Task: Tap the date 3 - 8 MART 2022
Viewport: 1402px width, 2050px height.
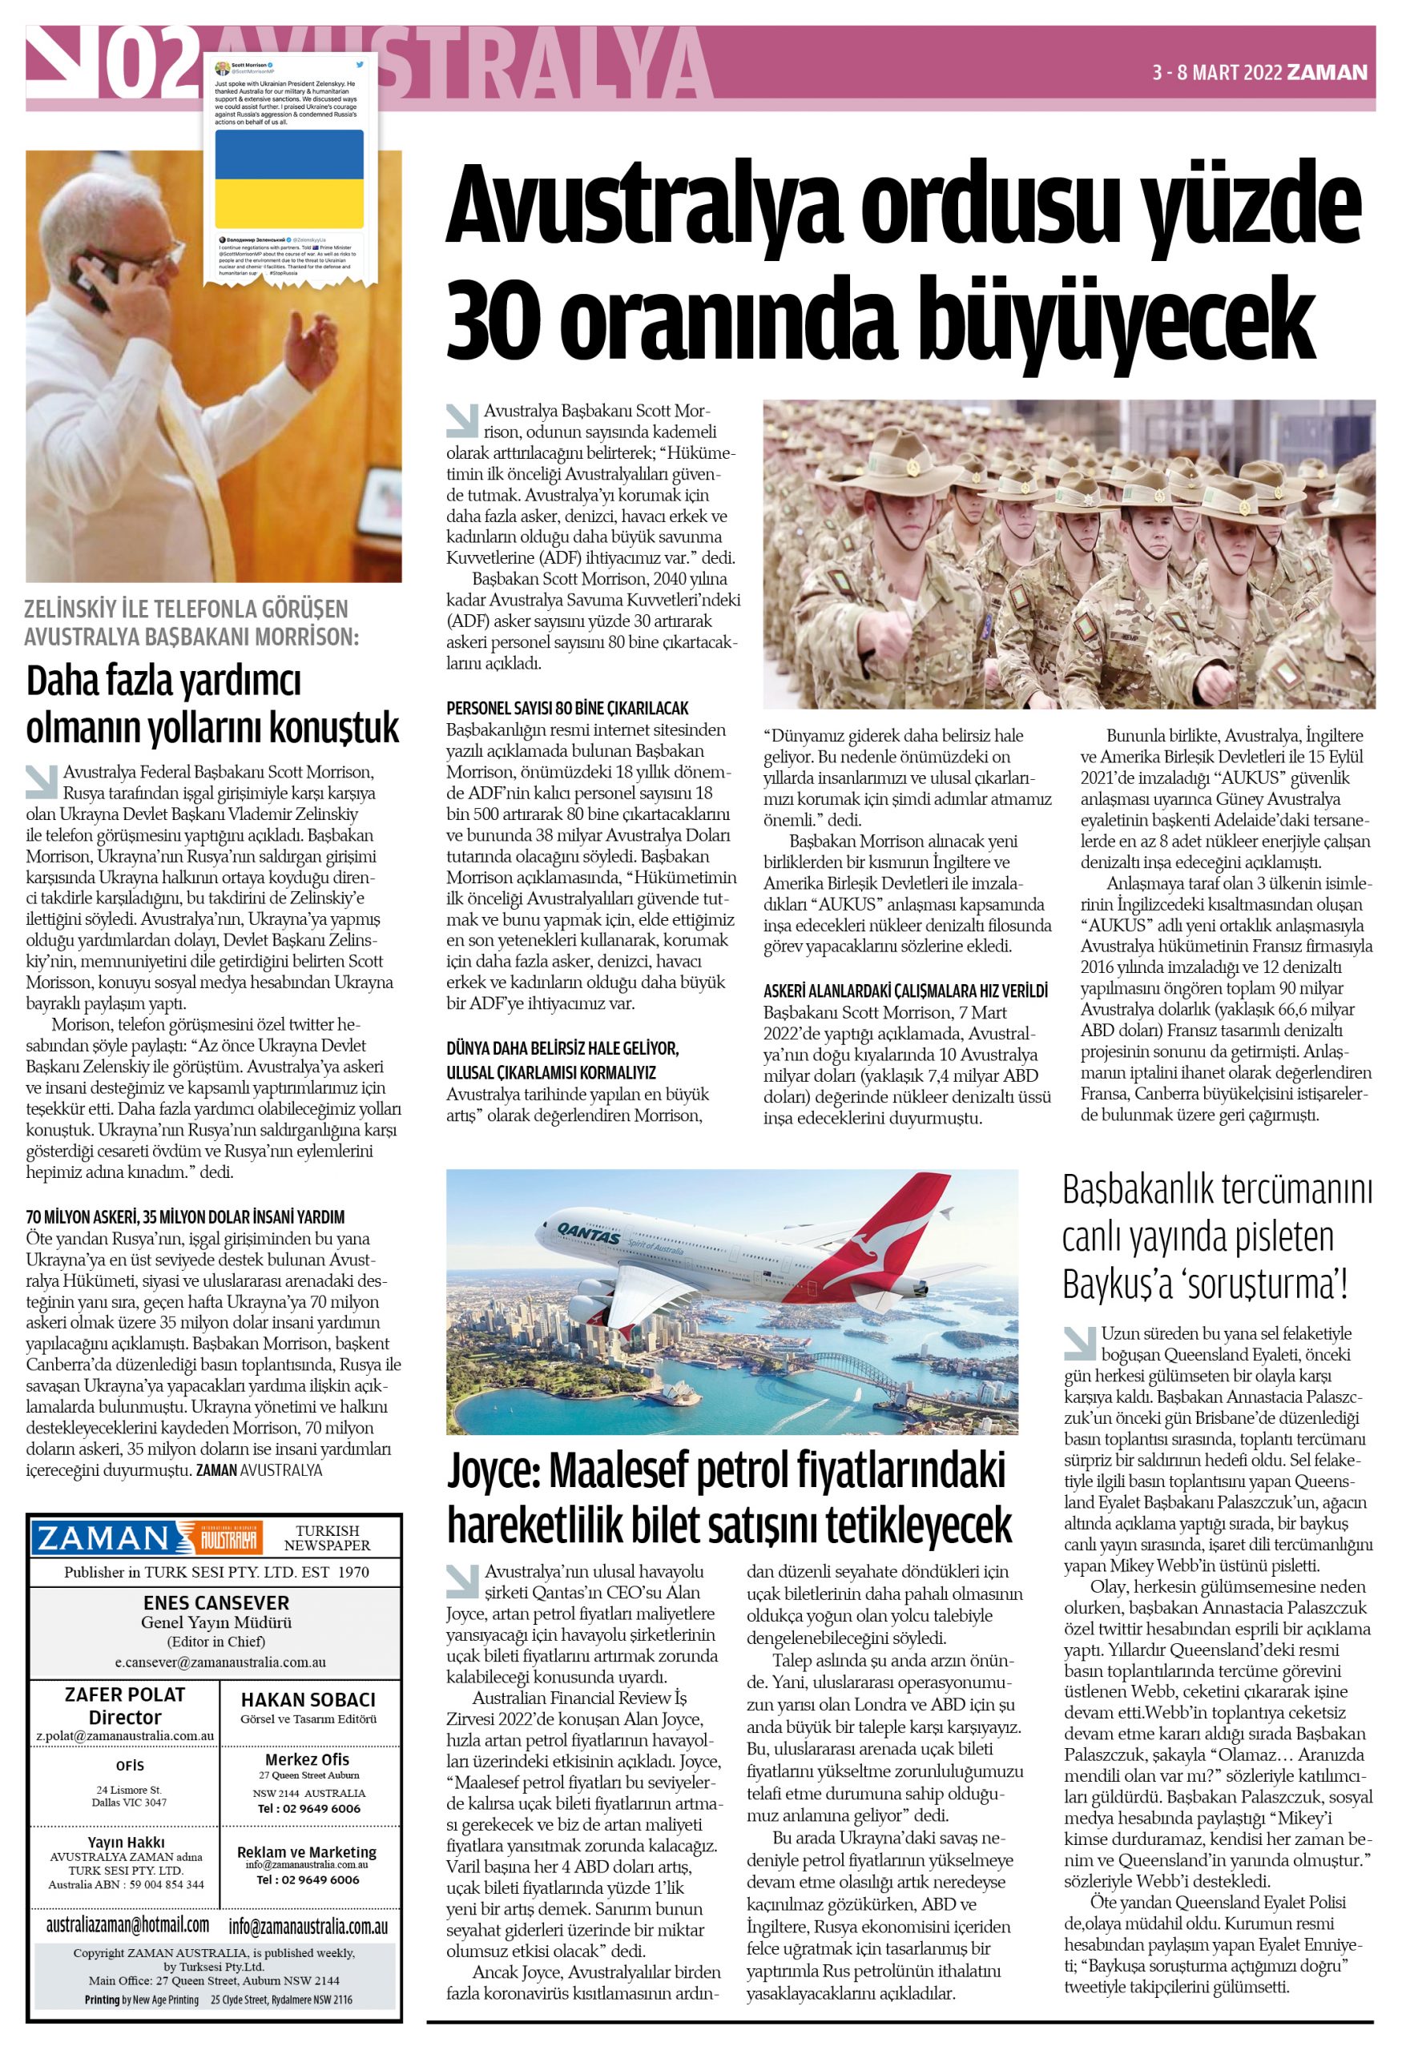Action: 1217,73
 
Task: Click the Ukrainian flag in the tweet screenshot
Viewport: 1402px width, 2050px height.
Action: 288,179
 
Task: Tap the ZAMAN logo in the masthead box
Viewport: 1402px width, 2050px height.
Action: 102,1538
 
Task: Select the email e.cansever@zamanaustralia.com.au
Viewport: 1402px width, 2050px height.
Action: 220,1661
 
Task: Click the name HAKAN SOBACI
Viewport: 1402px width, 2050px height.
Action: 308,1700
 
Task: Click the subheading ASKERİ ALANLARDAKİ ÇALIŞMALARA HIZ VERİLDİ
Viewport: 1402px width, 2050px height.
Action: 905,991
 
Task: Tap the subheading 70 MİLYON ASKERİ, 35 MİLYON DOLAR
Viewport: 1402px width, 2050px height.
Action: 185,1216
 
